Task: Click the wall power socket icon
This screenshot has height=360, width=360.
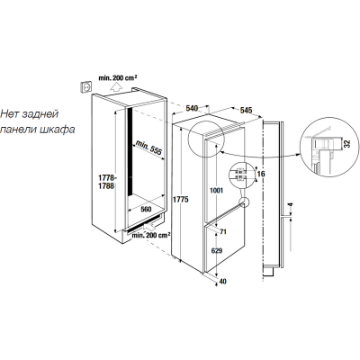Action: click(x=85, y=87)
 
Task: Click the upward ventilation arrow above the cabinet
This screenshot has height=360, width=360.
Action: click(x=115, y=87)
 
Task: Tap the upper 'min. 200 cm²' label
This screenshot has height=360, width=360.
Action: click(x=118, y=77)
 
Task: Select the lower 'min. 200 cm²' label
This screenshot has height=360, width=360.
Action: click(x=150, y=235)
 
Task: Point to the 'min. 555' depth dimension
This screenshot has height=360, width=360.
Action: click(x=148, y=148)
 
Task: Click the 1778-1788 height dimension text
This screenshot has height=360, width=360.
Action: click(x=106, y=183)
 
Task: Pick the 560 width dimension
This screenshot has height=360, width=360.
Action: click(x=146, y=209)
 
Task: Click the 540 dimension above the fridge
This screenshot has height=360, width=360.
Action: click(x=192, y=108)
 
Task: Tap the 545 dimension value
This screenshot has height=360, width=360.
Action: click(x=246, y=110)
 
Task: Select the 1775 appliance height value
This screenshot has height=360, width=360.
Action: click(x=180, y=200)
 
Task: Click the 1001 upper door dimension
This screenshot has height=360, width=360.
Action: click(x=216, y=190)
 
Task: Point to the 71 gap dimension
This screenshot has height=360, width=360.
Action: click(x=222, y=232)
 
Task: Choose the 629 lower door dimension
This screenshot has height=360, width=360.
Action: click(x=217, y=251)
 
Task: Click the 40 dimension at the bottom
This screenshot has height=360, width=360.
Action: click(x=222, y=282)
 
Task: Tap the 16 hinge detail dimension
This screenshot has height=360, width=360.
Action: click(x=261, y=174)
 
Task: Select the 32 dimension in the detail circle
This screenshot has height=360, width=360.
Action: click(x=347, y=143)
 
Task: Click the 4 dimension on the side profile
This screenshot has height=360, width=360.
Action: click(x=290, y=205)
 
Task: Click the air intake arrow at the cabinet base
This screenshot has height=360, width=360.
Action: click(x=151, y=226)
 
